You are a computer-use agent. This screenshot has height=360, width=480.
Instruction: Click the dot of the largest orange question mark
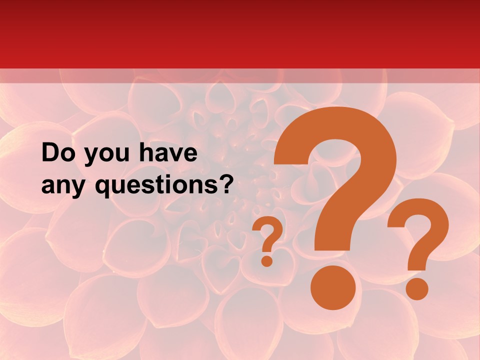coord(332,288)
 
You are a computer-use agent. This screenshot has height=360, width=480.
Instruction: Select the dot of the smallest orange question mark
coord(267,260)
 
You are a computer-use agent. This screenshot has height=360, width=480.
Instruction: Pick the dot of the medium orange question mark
coord(416,288)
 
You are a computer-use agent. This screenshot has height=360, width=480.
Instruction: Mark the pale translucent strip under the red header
coord(240,76)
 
